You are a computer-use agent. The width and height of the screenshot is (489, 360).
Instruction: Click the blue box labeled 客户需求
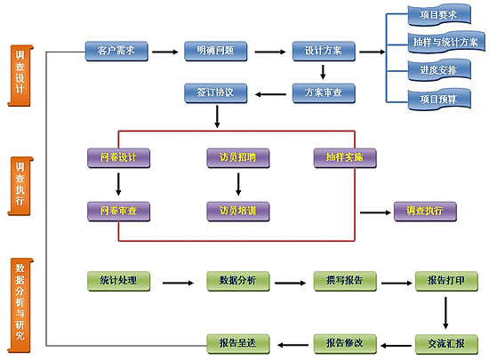click(x=116, y=52)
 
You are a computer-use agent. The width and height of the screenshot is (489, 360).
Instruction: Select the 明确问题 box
click(x=216, y=52)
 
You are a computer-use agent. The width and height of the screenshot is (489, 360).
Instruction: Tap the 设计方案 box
click(x=324, y=52)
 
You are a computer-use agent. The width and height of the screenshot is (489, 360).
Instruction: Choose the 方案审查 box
click(x=324, y=92)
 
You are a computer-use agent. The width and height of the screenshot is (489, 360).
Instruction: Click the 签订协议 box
click(x=216, y=92)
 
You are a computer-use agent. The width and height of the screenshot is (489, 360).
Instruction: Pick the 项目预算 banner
click(x=439, y=100)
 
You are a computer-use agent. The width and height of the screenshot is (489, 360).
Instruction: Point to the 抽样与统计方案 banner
click(x=446, y=42)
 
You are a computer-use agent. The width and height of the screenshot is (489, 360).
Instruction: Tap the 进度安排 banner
click(x=439, y=70)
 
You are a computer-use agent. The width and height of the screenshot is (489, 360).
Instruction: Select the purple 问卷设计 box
click(x=119, y=158)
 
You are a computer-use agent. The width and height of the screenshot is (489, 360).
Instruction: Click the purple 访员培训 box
click(x=238, y=212)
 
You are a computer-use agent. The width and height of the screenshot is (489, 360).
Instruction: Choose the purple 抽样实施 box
click(x=345, y=158)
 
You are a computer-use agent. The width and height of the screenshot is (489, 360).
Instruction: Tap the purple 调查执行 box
click(x=425, y=212)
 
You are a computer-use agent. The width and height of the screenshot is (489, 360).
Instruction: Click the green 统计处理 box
click(x=119, y=281)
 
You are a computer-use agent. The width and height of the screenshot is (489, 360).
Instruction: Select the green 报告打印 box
click(x=446, y=281)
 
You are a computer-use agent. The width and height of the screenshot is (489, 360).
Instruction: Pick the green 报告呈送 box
click(x=238, y=344)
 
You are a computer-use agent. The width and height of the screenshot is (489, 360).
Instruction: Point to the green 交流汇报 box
click(x=446, y=344)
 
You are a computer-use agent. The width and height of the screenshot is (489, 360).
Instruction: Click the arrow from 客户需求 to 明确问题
click(x=165, y=52)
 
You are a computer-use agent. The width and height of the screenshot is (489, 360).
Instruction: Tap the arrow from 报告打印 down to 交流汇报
click(x=445, y=313)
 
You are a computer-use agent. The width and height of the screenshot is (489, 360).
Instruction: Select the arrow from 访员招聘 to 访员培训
click(x=238, y=184)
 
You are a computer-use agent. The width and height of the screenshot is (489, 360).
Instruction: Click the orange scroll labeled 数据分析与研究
click(x=20, y=306)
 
